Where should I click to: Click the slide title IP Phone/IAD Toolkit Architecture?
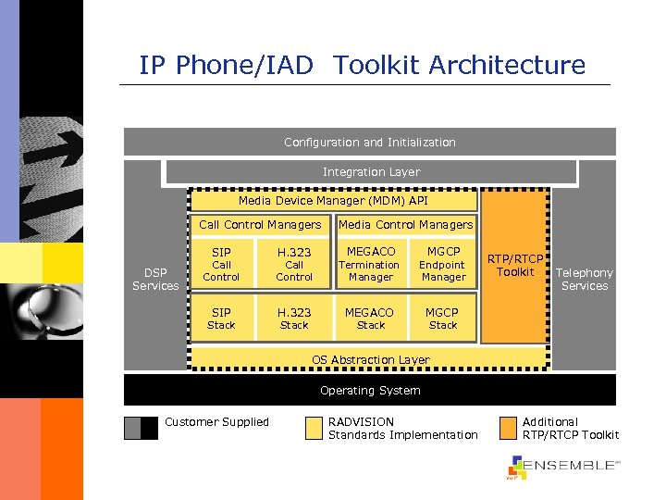[362, 65]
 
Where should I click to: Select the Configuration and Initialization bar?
[369, 142]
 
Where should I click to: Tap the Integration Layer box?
[370, 172]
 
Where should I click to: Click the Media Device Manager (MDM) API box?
[333, 200]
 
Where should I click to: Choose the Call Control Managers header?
[260, 224]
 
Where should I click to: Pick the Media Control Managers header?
[405, 224]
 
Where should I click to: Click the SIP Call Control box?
[221, 264]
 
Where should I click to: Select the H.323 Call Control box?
[294, 264]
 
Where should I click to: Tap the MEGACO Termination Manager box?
[370, 264]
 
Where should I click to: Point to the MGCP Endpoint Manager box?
[443, 264]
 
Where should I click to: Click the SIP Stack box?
[221, 319]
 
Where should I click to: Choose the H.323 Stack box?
[294, 319]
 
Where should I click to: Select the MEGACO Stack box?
[370, 319]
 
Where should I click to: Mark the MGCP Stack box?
[443, 319]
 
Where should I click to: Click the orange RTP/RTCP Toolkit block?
[515, 266]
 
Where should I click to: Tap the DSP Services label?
[155, 279]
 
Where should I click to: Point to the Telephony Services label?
[585, 279]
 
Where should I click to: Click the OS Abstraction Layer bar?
[370, 359]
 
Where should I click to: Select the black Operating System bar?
[370, 390]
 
